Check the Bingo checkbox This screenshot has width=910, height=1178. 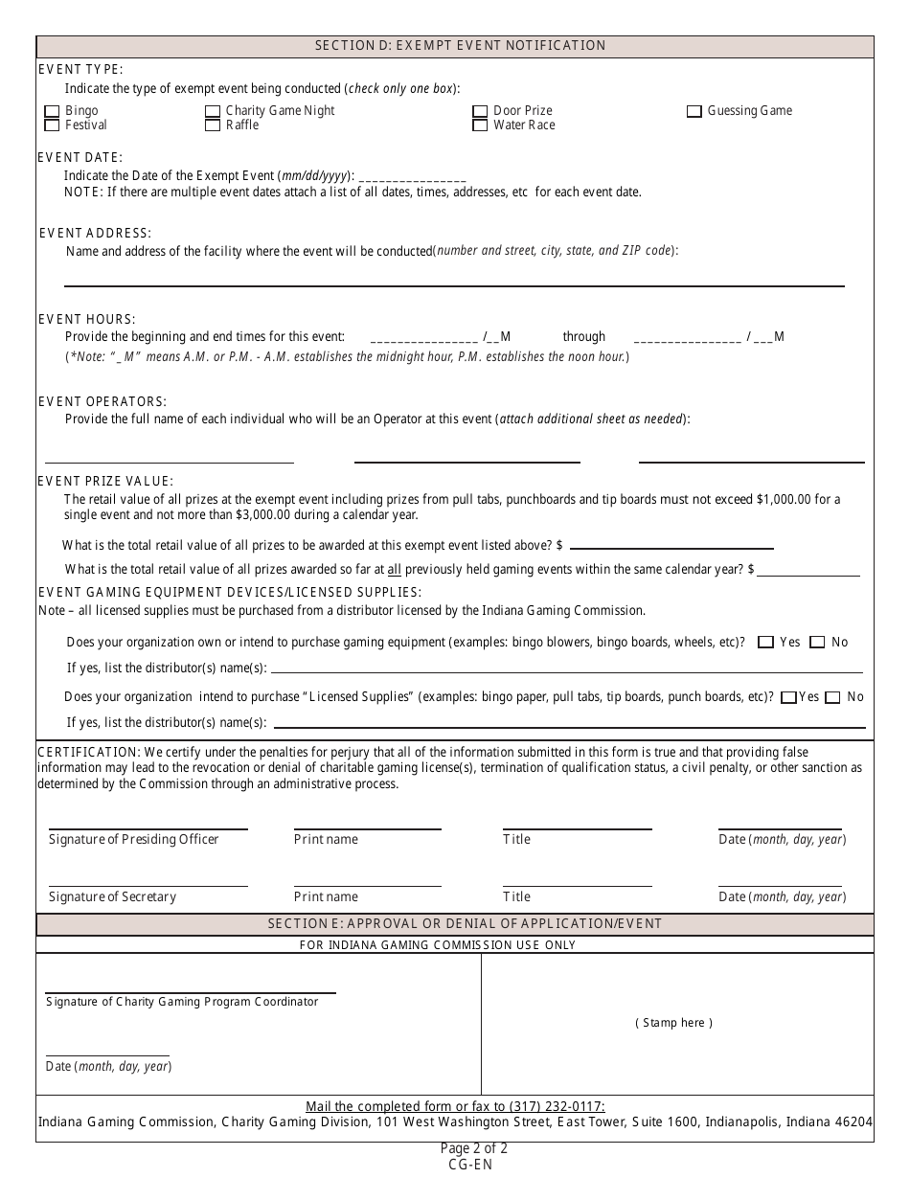(x=52, y=111)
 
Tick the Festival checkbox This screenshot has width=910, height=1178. (x=52, y=125)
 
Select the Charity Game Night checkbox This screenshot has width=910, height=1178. (x=213, y=111)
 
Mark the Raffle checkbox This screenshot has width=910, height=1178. (x=213, y=125)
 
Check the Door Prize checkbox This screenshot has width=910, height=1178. (x=480, y=111)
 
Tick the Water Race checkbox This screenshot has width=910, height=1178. (x=480, y=125)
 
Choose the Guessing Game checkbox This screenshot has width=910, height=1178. (x=694, y=111)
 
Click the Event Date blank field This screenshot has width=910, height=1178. (x=411, y=177)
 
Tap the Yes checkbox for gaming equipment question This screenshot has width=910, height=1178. (x=765, y=643)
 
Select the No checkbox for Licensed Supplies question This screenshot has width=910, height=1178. (x=832, y=697)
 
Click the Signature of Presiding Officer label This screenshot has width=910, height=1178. (x=133, y=840)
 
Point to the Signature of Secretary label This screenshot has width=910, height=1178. (x=112, y=897)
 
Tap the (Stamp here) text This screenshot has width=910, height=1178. (x=674, y=1023)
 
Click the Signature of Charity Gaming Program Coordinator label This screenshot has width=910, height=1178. (x=182, y=1002)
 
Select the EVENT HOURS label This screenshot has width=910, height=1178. (x=87, y=319)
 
